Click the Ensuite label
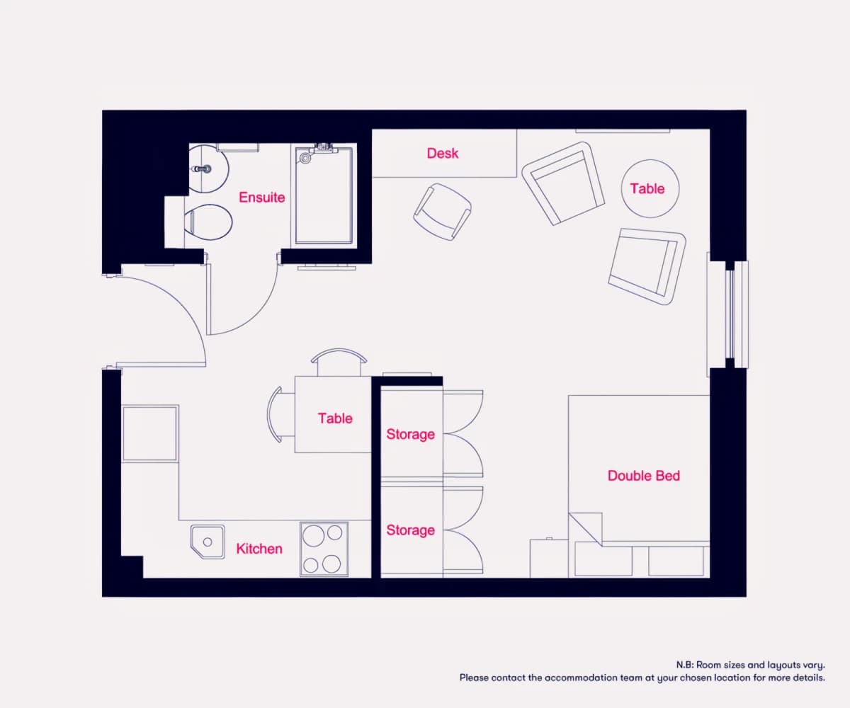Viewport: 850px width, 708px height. point(262,198)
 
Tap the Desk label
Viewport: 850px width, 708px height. point(443,154)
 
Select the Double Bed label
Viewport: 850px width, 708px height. point(644,476)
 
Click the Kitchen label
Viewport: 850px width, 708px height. point(259,549)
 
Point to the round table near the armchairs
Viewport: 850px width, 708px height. point(650,188)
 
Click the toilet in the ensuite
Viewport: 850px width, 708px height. point(208,222)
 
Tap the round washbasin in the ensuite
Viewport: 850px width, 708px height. point(208,169)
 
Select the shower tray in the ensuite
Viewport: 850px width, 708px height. point(324,195)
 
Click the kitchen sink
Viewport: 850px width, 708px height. point(208,542)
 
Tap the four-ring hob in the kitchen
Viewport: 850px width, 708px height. point(324,549)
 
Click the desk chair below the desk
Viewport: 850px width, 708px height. point(443,212)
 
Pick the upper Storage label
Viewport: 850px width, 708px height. point(410,434)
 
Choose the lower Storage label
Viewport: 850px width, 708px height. point(410,530)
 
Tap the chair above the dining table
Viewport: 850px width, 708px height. point(339,362)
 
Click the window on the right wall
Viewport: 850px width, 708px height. point(731,314)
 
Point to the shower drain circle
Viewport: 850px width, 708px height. point(305,158)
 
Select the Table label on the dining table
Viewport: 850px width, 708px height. point(335,418)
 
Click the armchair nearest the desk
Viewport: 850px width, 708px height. point(563,183)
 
